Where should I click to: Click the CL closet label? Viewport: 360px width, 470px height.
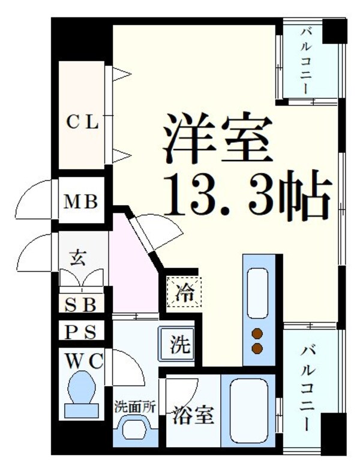pyautogui.click(x=82, y=123)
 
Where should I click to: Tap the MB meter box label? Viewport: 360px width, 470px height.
pyautogui.click(x=82, y=201)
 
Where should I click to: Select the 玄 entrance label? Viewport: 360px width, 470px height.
pyautogui.click(x=79, y=259)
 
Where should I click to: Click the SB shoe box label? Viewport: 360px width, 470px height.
pyautogui.click(x=80, y=305)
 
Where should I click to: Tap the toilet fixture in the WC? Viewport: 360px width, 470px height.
pyautogui.click(x=80, y=393)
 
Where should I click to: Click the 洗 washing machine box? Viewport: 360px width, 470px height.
pyautogui.click(x=178, y=345)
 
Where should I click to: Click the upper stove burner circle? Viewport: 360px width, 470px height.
pyautogui.click(x=259, y=335)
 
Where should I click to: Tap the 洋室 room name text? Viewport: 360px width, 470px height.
pyautogui.click(x=213, y=139)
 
